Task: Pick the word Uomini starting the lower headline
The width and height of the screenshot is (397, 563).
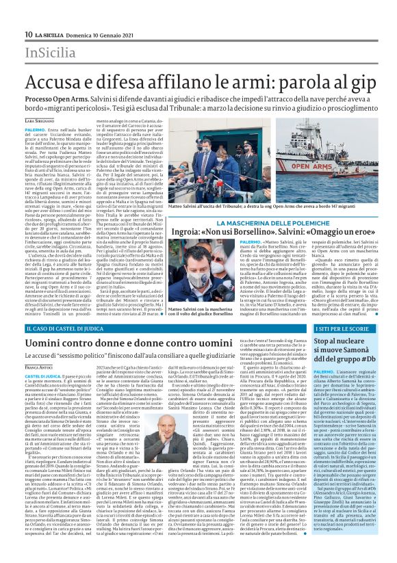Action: point(53,345)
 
